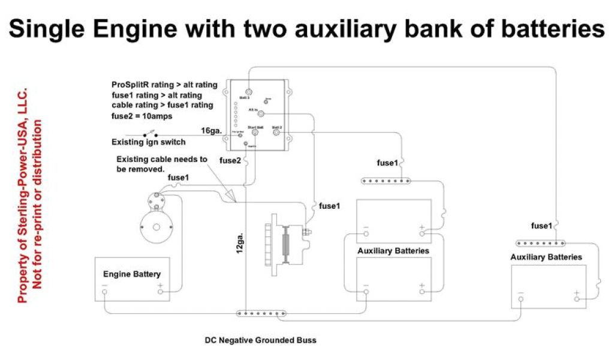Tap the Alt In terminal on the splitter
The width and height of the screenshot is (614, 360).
262,113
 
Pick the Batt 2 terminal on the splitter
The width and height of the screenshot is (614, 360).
276,133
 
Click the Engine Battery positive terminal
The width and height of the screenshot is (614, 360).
160,292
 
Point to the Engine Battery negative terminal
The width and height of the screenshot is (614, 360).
105,292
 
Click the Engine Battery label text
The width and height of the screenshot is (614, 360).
132,274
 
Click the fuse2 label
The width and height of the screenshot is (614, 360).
231,161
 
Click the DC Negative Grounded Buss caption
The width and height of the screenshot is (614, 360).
260,340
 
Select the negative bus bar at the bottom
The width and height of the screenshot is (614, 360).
262,313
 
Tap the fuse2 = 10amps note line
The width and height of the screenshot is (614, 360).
142,116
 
